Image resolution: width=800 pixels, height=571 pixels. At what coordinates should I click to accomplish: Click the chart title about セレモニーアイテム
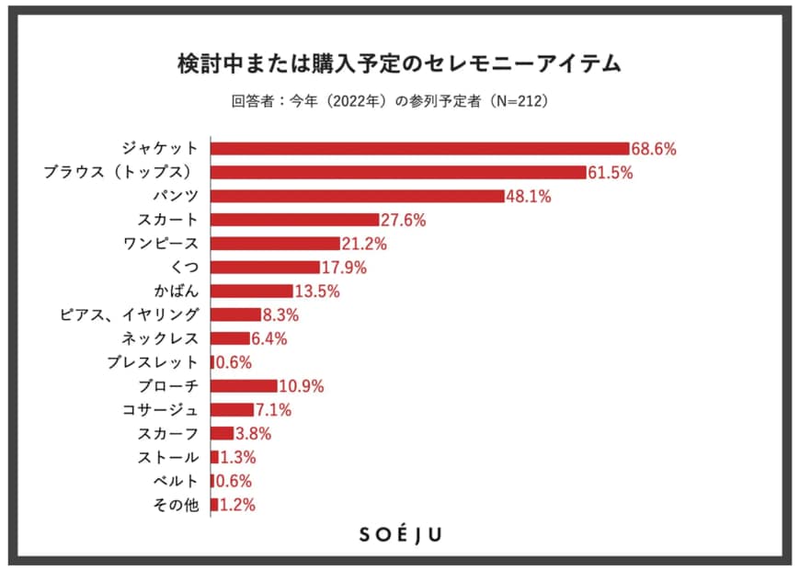pyautogui.click(x=399, y=63)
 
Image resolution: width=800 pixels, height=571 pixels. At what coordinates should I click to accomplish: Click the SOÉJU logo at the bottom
pyautogui.click(x=400, y=535)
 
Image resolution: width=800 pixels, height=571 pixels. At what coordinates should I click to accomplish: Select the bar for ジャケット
pyautogui.click(x=420, y=148)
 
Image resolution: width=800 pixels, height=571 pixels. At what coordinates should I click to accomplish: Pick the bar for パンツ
pyautogui.click(x=358, y=196)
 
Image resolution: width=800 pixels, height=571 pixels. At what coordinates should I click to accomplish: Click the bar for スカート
pyautogui.click(x=295, y=220)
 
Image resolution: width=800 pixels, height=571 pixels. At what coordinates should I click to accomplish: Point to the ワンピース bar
pyautogui.click(x=276, y=244)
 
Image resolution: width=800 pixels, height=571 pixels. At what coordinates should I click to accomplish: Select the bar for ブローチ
pyautogui.click(x=245, y=386)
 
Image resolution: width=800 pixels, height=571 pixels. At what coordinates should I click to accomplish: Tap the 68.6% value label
pyautogui.click(x=653, y=148)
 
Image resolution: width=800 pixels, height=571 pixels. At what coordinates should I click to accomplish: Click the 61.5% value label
pyautogui.click(x=610, y=172)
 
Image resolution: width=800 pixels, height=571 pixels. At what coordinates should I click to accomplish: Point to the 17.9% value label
pyautogui.click(x=344, y=268)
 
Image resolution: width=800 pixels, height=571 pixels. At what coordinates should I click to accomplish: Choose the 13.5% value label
pyautogui.click(x=317, y=291)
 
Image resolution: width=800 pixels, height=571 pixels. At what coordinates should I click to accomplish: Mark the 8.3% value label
pyautogui.click(x=280, y=315)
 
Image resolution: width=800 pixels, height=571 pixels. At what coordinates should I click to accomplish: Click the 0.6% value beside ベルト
pyautogui.click(x=233, y=481)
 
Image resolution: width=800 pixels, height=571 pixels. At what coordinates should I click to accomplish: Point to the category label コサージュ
pyautogui.click(x=161, y=410)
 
